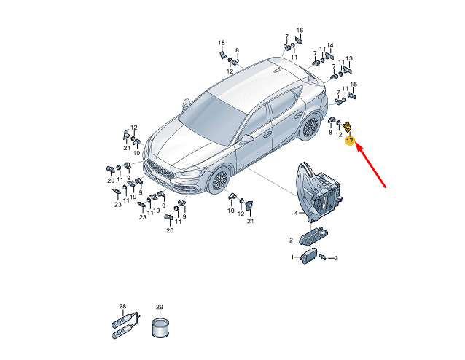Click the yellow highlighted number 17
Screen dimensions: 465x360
[350, 141]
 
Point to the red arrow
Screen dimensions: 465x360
[370, 165]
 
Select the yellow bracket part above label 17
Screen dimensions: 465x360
[347, 128]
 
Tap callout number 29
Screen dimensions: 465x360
[160, 308]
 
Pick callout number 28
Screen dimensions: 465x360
[122, 306]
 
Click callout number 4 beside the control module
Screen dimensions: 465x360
[296, 213]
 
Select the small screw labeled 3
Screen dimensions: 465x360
[323, 257]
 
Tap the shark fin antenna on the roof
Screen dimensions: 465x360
[277, 70]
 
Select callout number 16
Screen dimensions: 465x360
[300, 31]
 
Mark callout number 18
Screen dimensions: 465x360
[222, 43]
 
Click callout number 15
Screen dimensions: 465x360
[353, 85]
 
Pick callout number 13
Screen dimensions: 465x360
[349, 58]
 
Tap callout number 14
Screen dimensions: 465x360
[330, 45]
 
